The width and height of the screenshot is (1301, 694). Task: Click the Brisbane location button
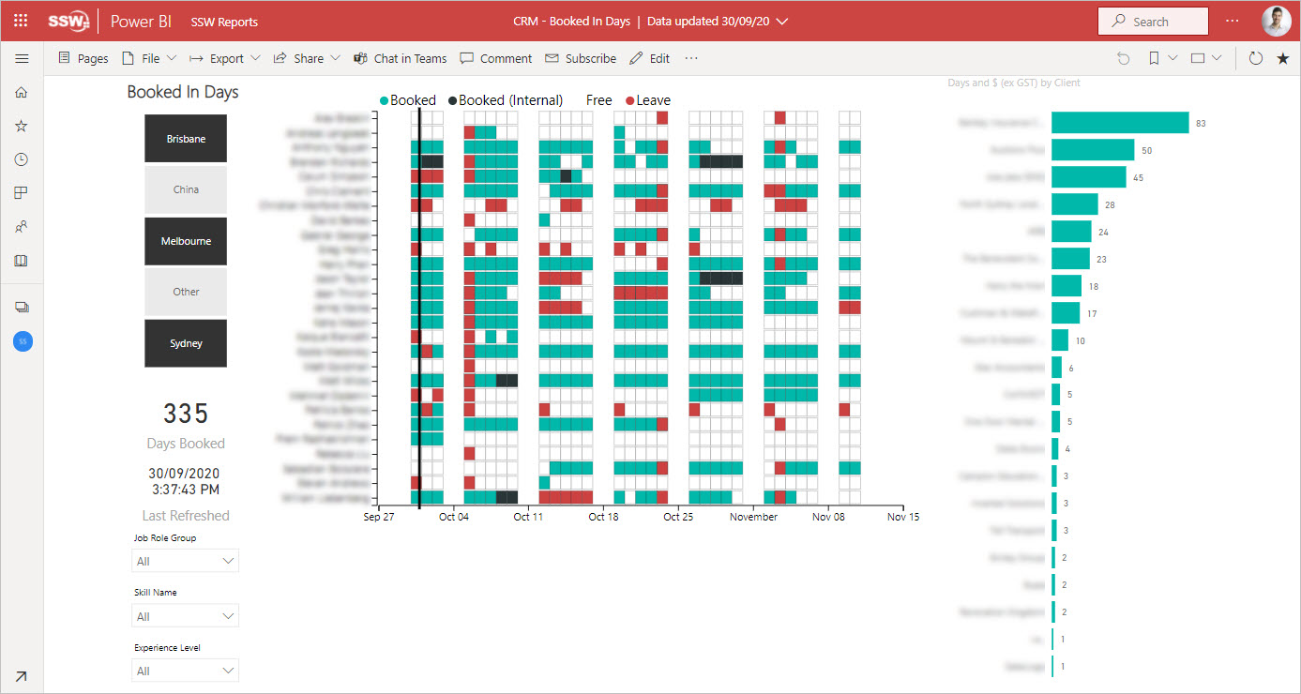click(x=186, y=139)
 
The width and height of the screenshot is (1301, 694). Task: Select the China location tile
click(x=186, y=189)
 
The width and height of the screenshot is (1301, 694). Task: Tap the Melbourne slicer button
click(x=186, y=241)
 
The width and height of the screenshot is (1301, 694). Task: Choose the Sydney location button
click(x=186, y=343)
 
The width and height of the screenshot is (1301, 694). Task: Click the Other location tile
click(x=186, y=292)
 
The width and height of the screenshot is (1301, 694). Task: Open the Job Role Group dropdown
click(x=186, y=561)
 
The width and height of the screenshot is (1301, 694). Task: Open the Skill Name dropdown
click(x=186, y=616)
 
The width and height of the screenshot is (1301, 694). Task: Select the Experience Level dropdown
click(x=186, y=671)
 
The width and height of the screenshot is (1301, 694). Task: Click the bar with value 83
click(x=1119, y=123)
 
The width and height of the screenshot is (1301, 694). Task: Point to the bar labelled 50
click(x=1093, y=150)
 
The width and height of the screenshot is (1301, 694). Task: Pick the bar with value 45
click(x=1088, y=177)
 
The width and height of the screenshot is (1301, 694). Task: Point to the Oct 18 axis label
click(x=603, y=517)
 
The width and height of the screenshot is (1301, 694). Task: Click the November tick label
click(x=753, y=517)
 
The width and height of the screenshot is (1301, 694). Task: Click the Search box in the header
click(x=1153, y=22)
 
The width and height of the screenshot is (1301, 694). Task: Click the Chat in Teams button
click(x=401, y=58)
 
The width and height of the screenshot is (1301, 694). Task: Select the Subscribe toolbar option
click(x=581, y=58)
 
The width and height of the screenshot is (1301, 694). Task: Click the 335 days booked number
click(x=186, y=414)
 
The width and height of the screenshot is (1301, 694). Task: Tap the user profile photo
click(x=1276, y=21)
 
